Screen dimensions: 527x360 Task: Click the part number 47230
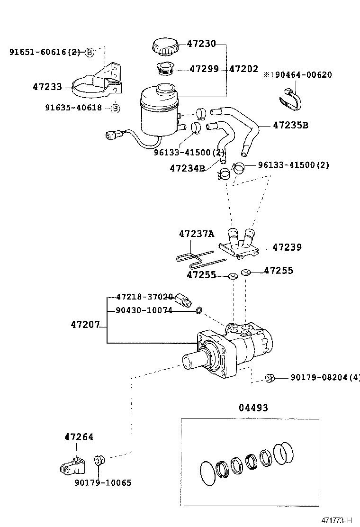coord(201,44)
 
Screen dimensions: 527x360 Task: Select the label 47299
coord(204,69)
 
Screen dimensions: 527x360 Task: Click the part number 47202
coord(243,69)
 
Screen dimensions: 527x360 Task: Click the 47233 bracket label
coord(47,87)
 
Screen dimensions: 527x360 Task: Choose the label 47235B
coord(290,126)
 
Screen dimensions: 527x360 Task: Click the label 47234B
coord(187,168)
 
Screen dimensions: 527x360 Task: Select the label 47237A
coord(196,234)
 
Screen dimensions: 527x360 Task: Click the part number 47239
coord(287,247)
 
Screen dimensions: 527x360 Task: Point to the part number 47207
coord(85,325)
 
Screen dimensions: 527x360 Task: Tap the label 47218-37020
coord(144,297)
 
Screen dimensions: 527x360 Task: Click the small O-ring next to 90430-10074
coord(199,311)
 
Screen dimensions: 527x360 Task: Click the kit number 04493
coord(253,408)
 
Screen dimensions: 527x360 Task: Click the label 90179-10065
coord(103,483)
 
